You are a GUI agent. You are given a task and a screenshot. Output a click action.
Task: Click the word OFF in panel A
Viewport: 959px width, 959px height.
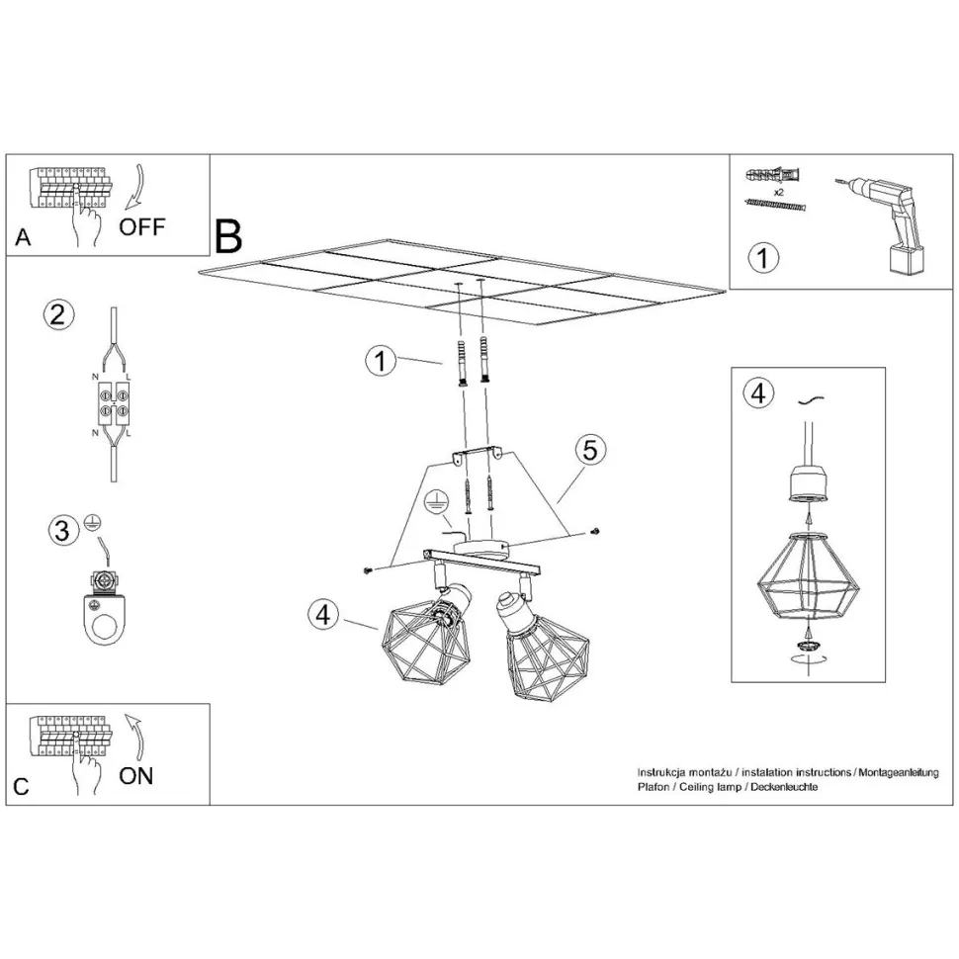pos(142,227)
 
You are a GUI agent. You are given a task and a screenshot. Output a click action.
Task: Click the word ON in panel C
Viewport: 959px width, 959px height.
pos(135,776)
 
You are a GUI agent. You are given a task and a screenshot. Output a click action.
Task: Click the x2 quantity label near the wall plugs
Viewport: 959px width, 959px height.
pos(779,192)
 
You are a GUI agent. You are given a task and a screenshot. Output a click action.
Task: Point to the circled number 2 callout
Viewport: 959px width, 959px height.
pos(58,315)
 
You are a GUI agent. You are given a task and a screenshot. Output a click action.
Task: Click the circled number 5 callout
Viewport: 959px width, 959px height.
pos(589,450)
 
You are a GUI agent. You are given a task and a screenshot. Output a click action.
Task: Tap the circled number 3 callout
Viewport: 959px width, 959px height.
pos(63,530)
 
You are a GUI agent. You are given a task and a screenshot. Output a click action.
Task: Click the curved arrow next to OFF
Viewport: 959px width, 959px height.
pos(134,187)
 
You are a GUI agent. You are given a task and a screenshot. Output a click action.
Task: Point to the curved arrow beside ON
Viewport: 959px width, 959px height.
pos(134,736)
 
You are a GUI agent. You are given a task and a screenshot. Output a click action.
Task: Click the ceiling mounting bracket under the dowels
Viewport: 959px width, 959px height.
pos(477,456)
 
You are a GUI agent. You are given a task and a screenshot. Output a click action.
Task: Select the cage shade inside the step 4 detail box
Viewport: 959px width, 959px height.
pos(808,578)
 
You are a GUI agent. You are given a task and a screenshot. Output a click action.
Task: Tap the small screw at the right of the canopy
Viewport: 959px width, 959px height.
pos(594,532)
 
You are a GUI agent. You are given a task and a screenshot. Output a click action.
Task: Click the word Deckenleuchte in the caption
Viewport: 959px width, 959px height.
pos(784,787)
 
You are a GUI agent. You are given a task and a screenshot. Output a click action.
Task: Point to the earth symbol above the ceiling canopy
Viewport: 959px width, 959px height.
pos(435,502)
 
